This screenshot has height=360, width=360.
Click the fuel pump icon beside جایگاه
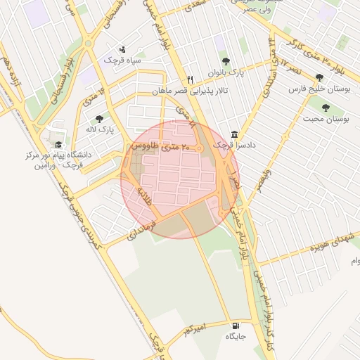(x=235, y=326)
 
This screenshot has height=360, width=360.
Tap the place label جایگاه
(x=235, y=337)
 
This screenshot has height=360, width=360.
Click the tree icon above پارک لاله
(x=99, y=119)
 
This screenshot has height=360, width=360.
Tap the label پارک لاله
(x=101, y=130)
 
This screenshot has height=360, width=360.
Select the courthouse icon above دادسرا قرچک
(x=233, y=134)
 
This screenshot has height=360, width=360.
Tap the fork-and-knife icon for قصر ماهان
(x=190, y=80)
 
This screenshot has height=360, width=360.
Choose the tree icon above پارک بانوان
(x=225, y=61)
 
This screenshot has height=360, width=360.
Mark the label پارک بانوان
(x=225, y=72)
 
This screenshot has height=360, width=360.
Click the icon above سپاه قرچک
(x=122, y=49)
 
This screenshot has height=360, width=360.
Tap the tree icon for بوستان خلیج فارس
(x=319, y=78)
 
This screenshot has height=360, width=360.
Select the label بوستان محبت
(x=326, y=120)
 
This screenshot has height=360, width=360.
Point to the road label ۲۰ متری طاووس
(x=160, y=147)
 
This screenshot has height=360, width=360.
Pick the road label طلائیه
(x=145, y=195)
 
